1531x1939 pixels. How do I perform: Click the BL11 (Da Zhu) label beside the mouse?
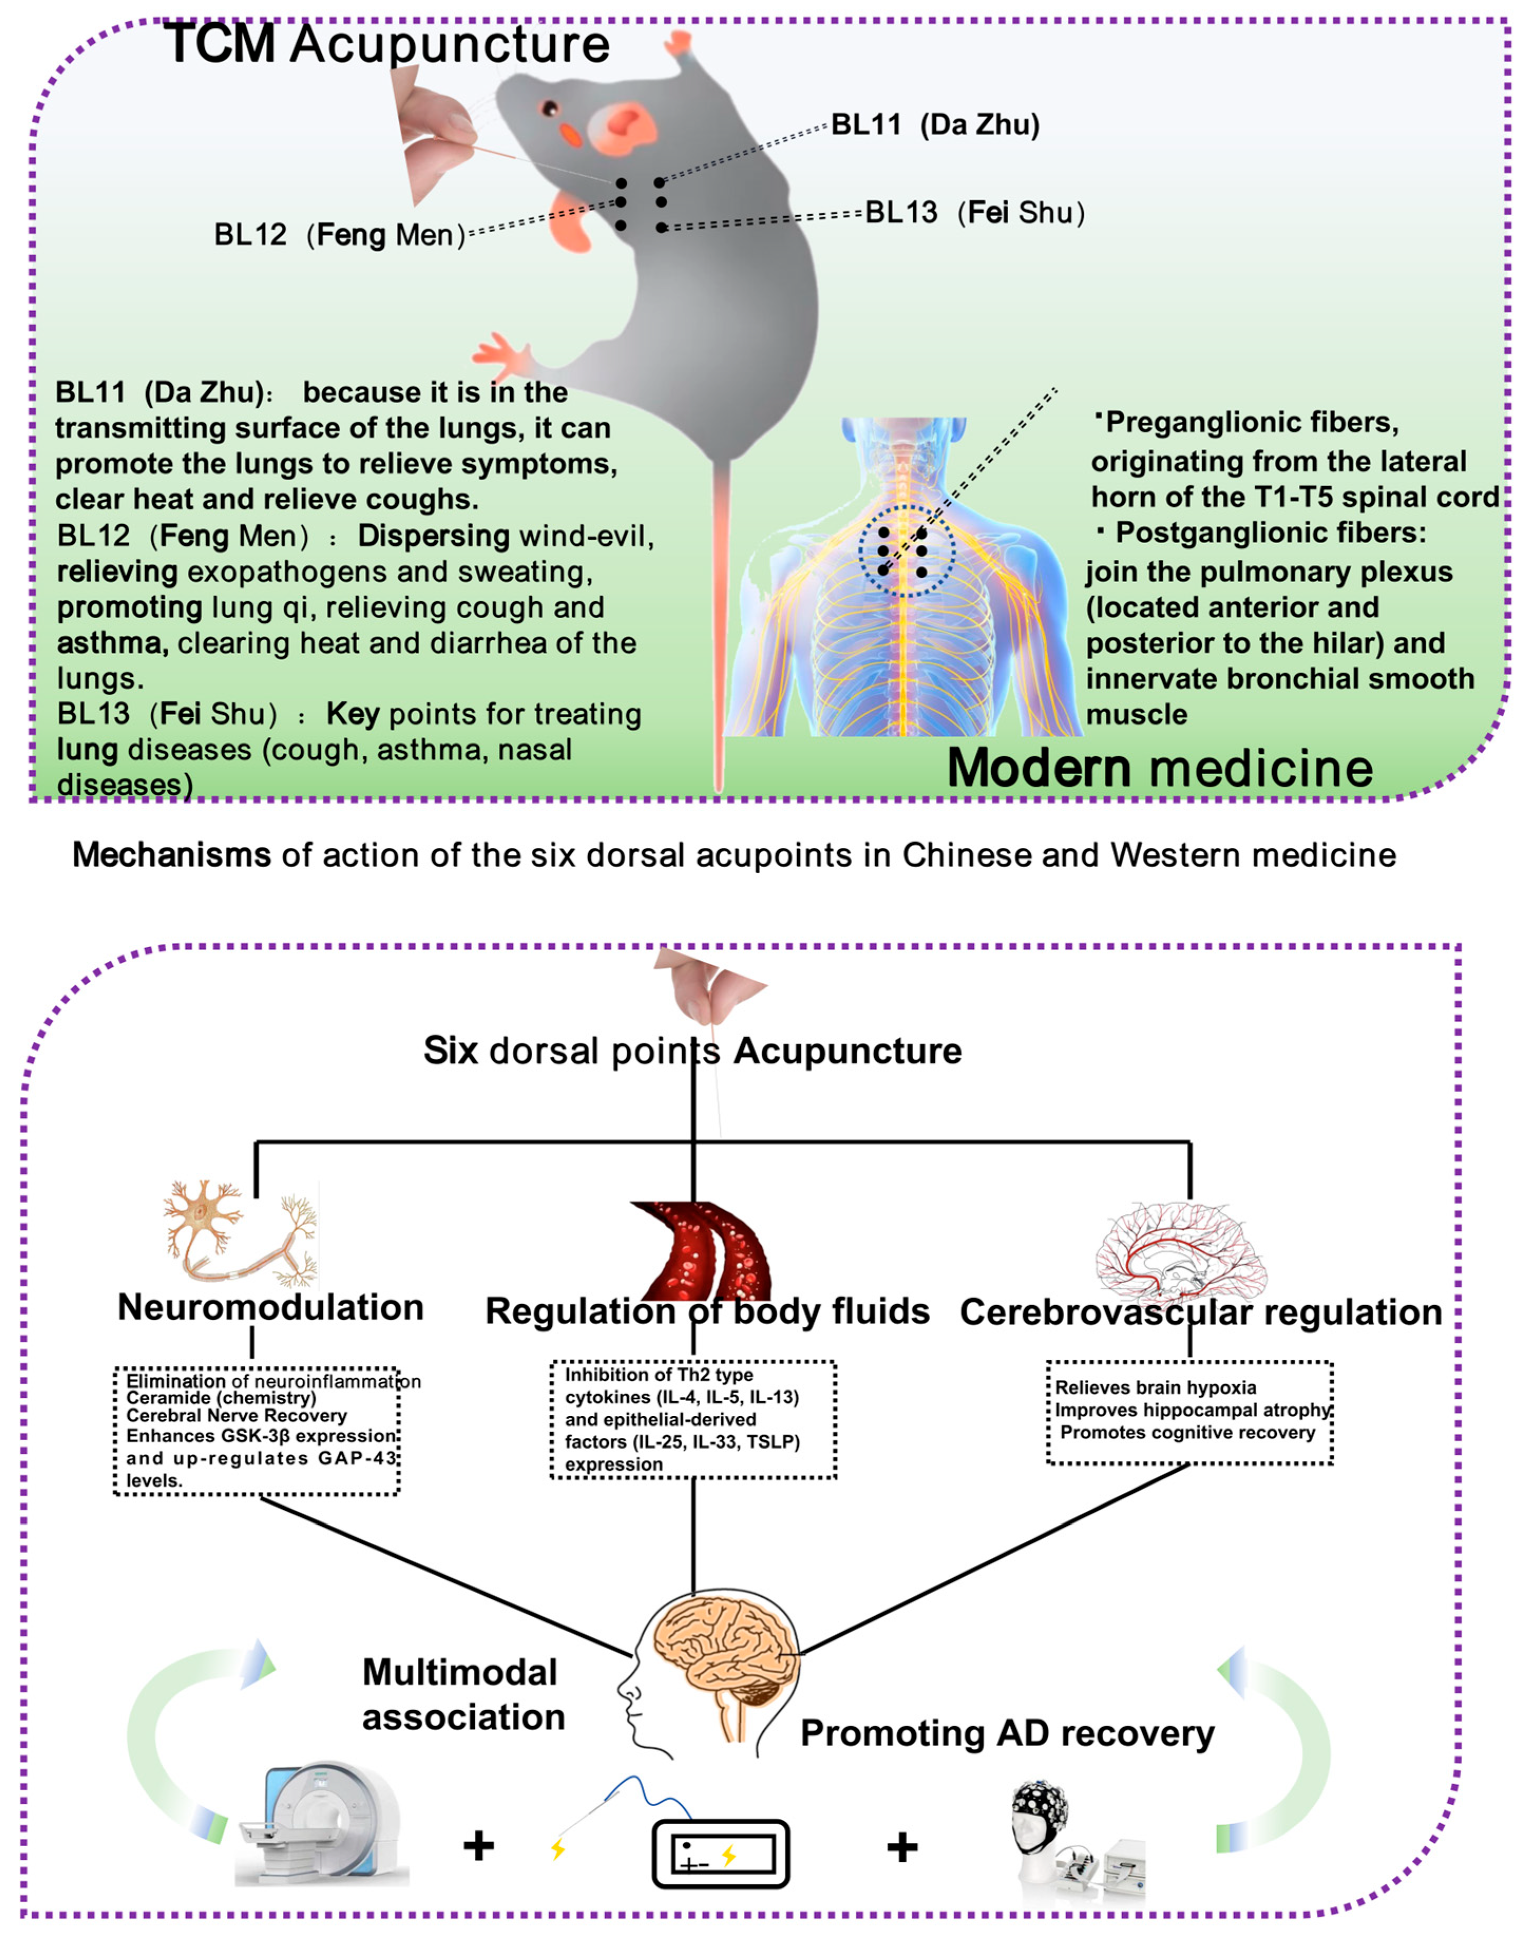[x=935, y=124]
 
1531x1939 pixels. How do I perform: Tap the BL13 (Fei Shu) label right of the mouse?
[x=974, y=213]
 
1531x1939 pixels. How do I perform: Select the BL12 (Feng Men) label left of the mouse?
[x=339, y=235]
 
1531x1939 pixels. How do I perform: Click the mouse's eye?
[x=550, y=109]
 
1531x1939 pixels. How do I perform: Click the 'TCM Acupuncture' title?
[x=387, y=45]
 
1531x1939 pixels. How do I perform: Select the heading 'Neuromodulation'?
[x=271, y=1307]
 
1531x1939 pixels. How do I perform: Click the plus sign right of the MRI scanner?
[x=479, y=1846]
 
